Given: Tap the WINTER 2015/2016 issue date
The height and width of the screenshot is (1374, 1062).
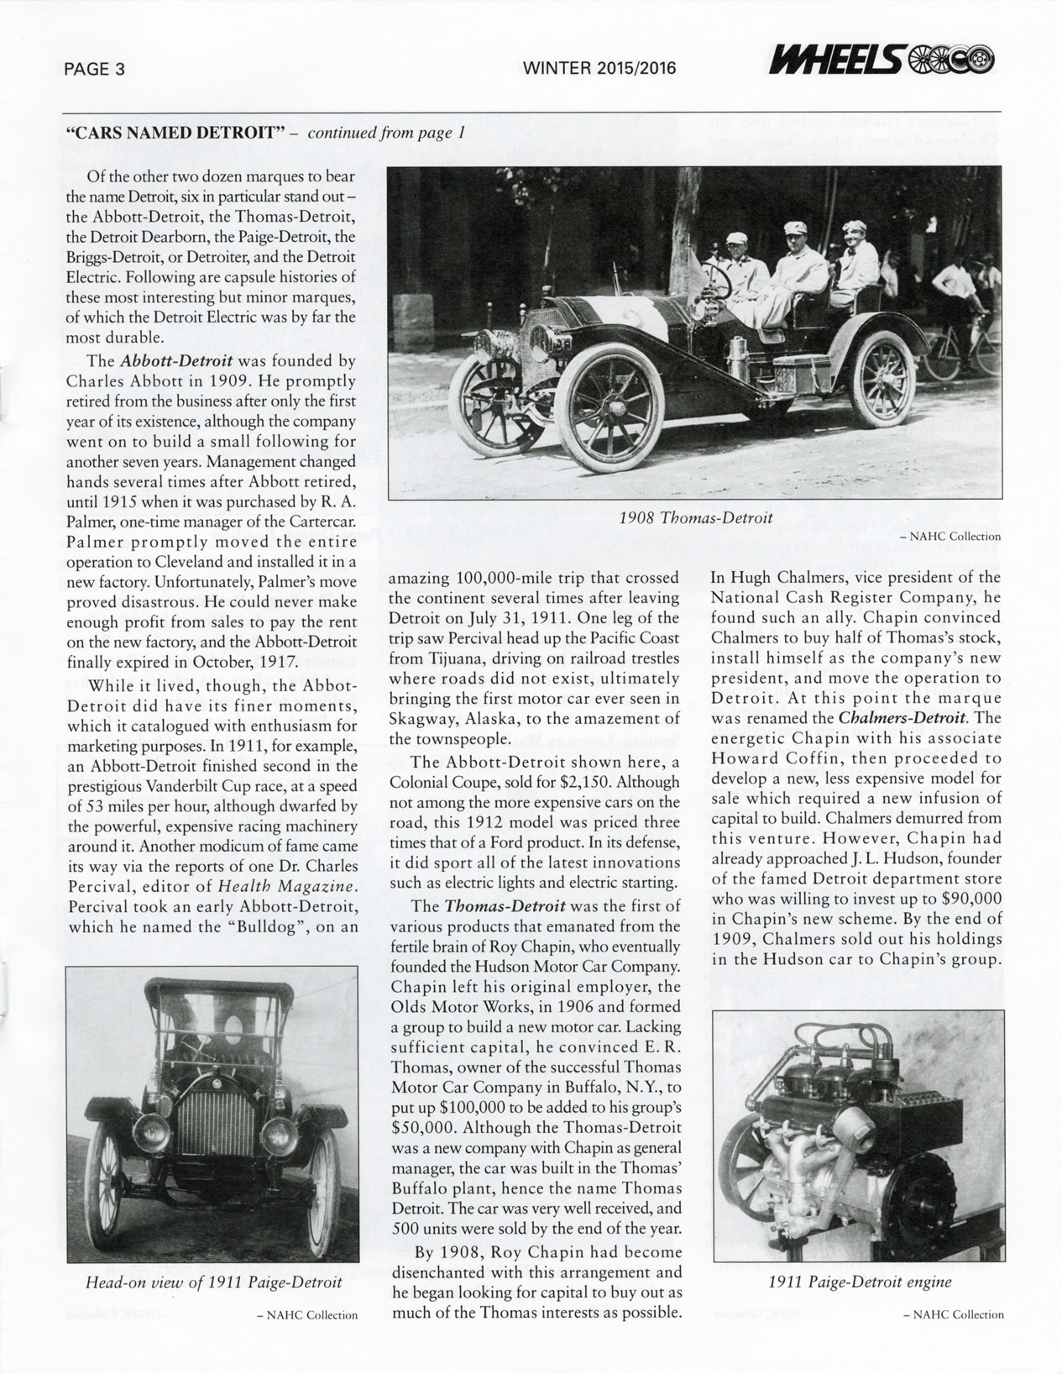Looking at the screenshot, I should point(599,70).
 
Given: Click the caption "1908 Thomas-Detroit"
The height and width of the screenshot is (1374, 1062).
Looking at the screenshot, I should point(695,517).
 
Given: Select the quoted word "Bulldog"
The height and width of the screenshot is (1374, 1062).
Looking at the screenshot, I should point(274,927).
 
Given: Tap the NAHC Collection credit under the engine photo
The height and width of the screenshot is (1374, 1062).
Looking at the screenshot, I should point(952,1338).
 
